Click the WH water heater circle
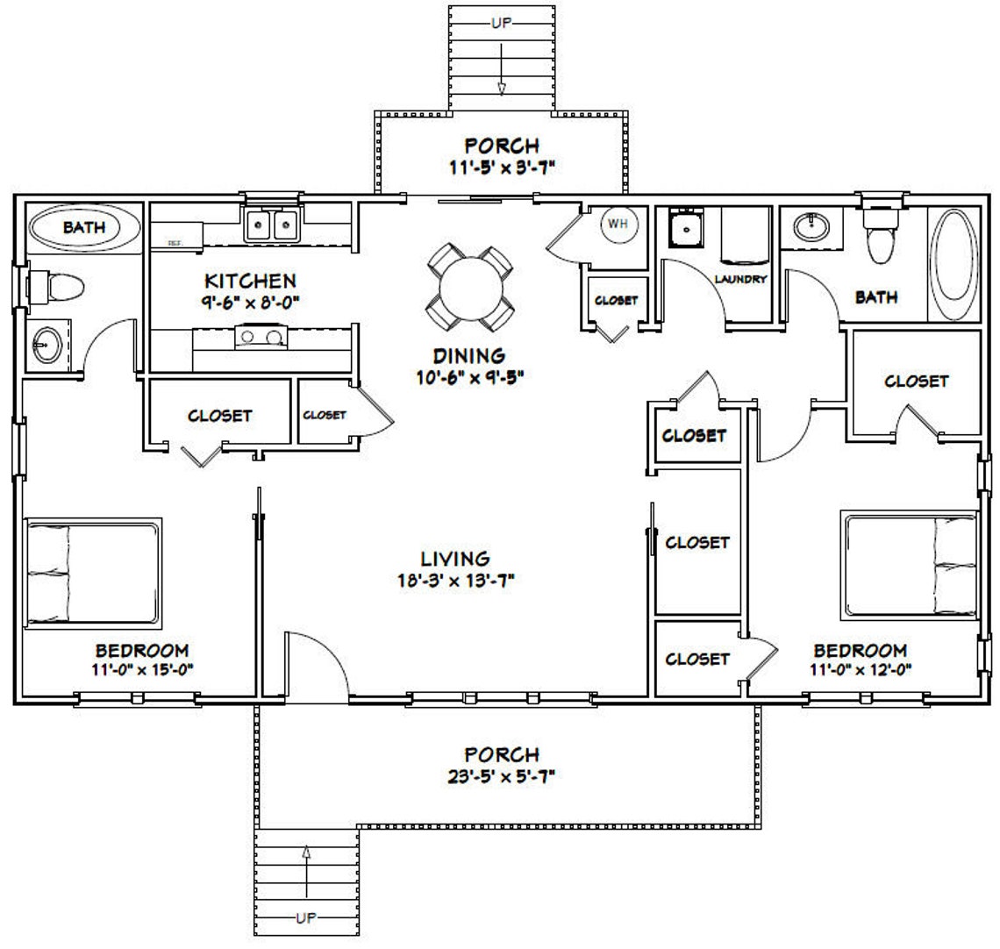point(618,225)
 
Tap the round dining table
point(469,288)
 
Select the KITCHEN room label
point(250,282)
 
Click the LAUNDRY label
point(740,279)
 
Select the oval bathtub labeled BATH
point(84,229)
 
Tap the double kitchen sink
point(272,226)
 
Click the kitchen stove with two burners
point(261,335)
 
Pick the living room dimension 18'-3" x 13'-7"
point(454,579)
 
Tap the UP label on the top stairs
point(502,23)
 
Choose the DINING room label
point(468,356)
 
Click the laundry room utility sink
point(683,229)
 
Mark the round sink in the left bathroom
point(44,345)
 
